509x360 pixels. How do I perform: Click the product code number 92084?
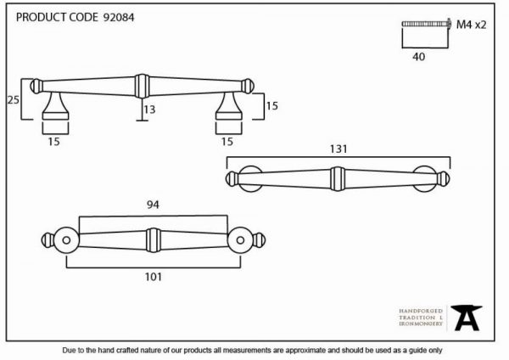coord(119,17)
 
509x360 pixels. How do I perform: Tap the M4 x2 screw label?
coord(471,25)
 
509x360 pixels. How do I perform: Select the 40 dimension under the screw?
coord(418,57)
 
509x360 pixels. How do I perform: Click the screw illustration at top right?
coord(426,24)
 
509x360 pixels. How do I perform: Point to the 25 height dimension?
coord(14,100)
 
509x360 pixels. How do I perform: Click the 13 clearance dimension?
coord(149,110)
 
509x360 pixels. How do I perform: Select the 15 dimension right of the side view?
coord(271,106)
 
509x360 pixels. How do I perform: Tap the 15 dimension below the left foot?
coord(54,142)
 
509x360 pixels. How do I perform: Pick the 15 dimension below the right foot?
coord(227,142)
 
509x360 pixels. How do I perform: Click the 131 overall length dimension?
coord(338,149)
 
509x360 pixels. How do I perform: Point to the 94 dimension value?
coord(153,205)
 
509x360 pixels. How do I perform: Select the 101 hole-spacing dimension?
coord(153,277)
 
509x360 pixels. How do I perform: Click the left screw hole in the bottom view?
coord(66,240)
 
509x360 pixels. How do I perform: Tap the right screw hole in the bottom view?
coord(240,240)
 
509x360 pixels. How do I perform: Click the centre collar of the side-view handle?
coord(143,86)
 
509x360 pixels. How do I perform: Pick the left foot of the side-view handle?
coord(55,106)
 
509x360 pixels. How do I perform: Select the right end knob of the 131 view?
coord(444,179)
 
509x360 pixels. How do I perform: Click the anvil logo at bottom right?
coord(467,318)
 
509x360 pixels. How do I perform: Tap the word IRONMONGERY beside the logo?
coord(421,324)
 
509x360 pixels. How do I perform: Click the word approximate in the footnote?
coord(305,351)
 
